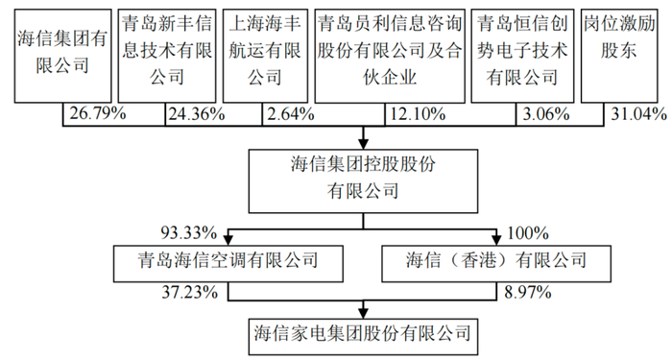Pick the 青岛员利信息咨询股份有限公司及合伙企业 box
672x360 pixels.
(385, 54)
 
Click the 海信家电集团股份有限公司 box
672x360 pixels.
(362, 334)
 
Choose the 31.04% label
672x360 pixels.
(637, 115)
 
